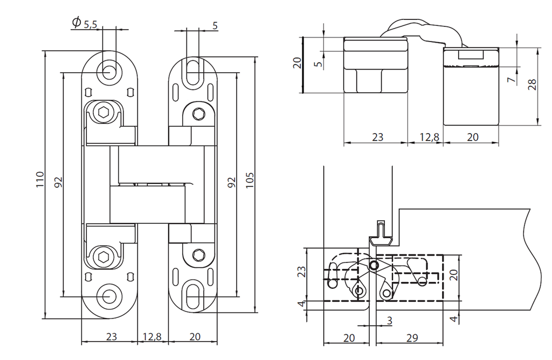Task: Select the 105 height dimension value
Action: (249, 180)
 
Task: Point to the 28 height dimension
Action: (533, 85)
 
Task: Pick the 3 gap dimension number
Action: (389, 321)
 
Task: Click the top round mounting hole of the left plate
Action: (109, 70)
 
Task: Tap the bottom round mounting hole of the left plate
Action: (109, 295)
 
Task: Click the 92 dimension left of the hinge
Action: (58, 183)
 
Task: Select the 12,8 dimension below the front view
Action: (151, 337)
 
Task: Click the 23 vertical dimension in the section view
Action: (302, 272)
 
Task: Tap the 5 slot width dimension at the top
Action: (215, 25)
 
